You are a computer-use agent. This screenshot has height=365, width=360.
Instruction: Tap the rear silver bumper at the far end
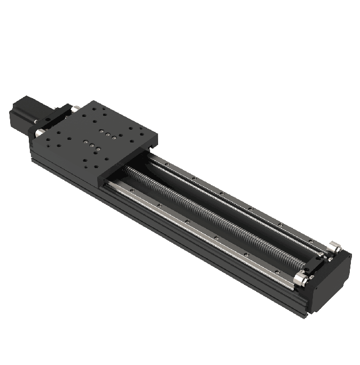[x=335, y=247]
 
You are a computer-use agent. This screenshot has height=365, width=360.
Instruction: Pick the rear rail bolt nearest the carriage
[x=167, y=164]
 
